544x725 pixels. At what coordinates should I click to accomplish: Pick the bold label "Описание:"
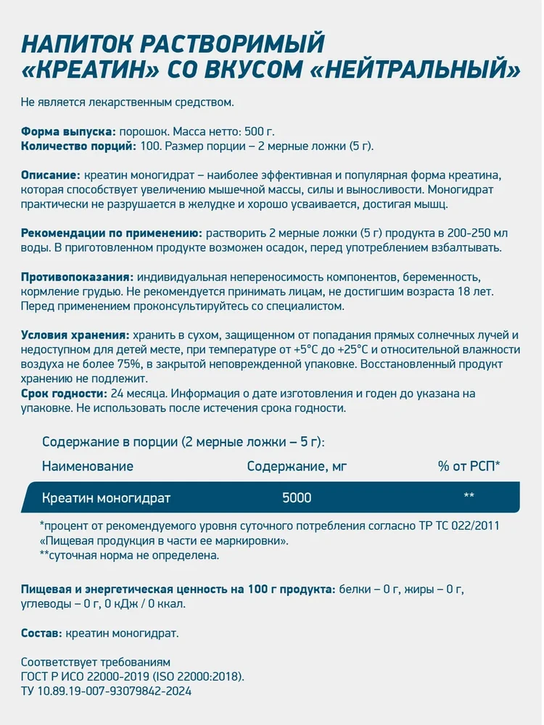pyautogui.click(x=50, y=176)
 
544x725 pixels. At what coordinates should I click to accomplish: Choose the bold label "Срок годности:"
pyautogui.click(x=63, y=394)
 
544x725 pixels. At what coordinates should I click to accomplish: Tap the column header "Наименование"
pyautogui.click(x=88, y=466)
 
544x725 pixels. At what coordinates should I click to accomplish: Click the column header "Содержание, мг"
pyautogui.click(x=297, y=466)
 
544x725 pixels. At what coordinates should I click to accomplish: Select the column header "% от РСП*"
pyautogui.click(x=469, y=466)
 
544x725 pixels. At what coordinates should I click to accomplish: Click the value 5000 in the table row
pyautogui.click(x=297, y=498)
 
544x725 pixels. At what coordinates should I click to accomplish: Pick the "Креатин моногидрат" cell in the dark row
pyautogui.click(x=107, y=498)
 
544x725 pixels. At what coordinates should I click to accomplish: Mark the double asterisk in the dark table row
pyautogui.click(x=469, y=497)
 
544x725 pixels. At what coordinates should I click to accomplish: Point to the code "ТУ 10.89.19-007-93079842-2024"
pyautogui.click(x=107, y=691)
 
